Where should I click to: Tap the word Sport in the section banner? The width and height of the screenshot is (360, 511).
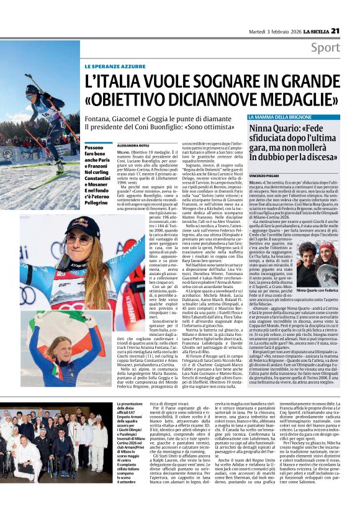point(342,48)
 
